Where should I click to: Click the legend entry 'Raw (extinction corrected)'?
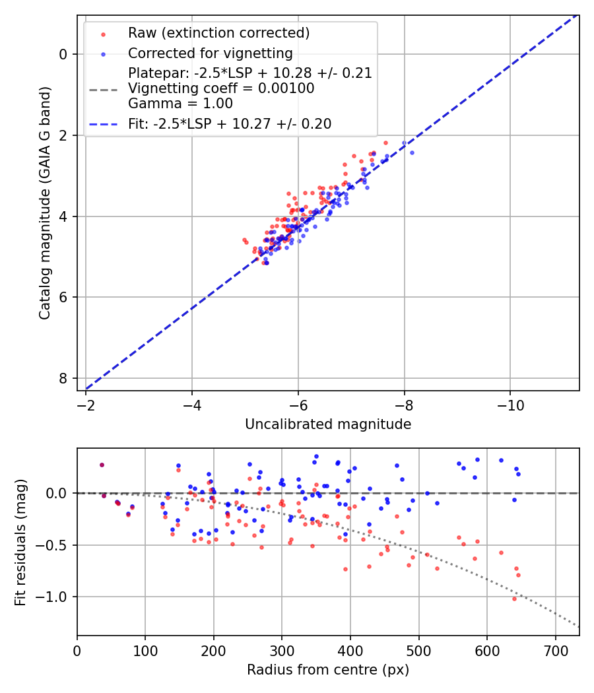(218, 33)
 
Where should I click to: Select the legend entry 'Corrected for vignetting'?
(210, 53)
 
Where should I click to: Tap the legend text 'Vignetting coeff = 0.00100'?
(221, 88)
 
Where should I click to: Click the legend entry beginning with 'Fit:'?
(229, 123)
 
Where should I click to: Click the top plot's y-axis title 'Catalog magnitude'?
(44, 205)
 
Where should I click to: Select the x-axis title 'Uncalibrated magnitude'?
(328, 424)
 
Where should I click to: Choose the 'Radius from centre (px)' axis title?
(328, 670)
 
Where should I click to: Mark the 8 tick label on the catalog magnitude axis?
(64, 378)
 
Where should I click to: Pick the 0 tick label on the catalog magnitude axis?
(64, 54)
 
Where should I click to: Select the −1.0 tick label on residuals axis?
(55, 597)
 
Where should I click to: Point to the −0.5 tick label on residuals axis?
(55, 545)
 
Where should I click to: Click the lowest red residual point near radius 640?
(514, 599)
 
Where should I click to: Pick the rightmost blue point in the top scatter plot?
(412, 152)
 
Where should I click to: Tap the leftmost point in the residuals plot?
(102, 465)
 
